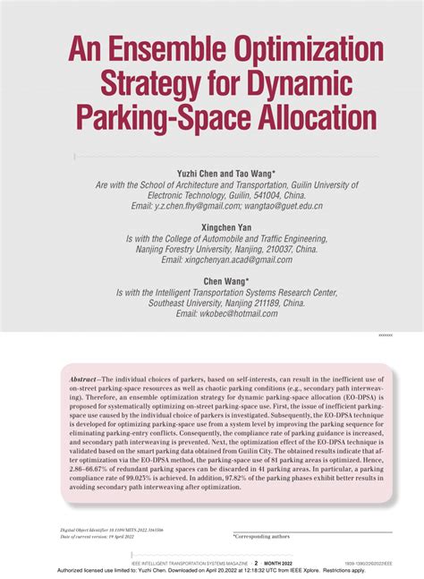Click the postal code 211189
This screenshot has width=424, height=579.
(277, 303)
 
